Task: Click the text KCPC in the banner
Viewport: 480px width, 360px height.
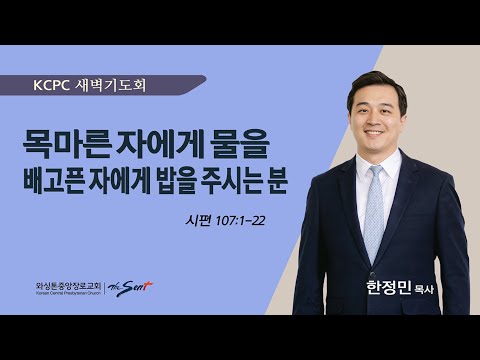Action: point(52,85)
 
